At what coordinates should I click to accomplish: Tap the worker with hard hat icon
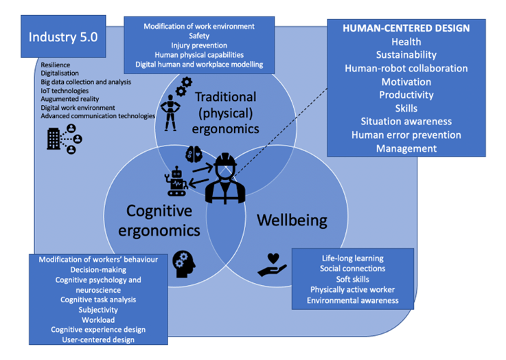[226, 177]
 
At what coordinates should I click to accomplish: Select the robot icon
[177, 182]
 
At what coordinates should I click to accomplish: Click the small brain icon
[194, 153]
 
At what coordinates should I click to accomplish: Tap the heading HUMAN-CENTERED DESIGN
[406, 28]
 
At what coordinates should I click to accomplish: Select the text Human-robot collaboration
[406, 68]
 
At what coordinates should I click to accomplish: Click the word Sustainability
[406, 55]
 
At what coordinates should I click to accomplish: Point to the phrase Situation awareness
[406, 121]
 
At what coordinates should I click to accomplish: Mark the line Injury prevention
[199, 45]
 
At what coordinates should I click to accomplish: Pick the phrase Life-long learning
[352, 258]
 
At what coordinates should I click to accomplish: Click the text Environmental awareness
[352, 300]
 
